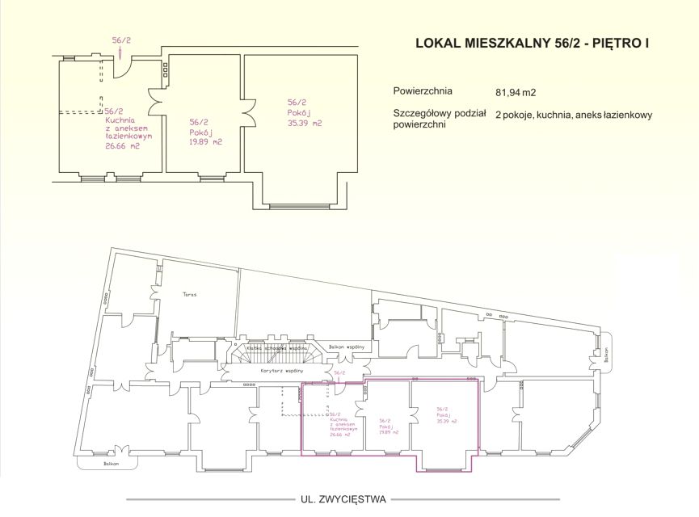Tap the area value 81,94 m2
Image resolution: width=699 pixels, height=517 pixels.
[516, 92]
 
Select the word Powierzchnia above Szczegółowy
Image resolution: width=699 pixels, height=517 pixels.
[423, 91]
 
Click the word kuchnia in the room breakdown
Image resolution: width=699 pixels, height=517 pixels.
[549, 116]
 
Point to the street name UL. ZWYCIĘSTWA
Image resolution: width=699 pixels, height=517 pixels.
[343, 499]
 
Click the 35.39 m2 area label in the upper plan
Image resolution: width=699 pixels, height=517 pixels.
[305, 124]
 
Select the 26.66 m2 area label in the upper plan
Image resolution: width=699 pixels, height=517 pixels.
[122, 146]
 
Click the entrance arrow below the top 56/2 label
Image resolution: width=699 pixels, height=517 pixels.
[120, 53]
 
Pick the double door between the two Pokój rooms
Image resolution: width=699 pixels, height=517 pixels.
[246, 108]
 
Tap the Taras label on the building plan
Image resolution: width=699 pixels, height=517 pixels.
[189, 295]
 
